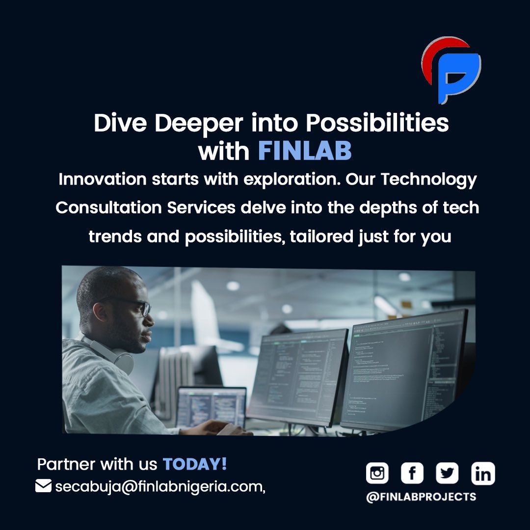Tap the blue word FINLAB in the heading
(305, 152)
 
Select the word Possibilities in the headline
(377, 123)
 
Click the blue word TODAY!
(195, 464)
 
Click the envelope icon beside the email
(44, 486)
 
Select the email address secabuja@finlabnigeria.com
(160, 487)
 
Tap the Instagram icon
(377, 474)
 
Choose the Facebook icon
(412, 474)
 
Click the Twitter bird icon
(447, 474)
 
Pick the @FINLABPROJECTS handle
(421, 497)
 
